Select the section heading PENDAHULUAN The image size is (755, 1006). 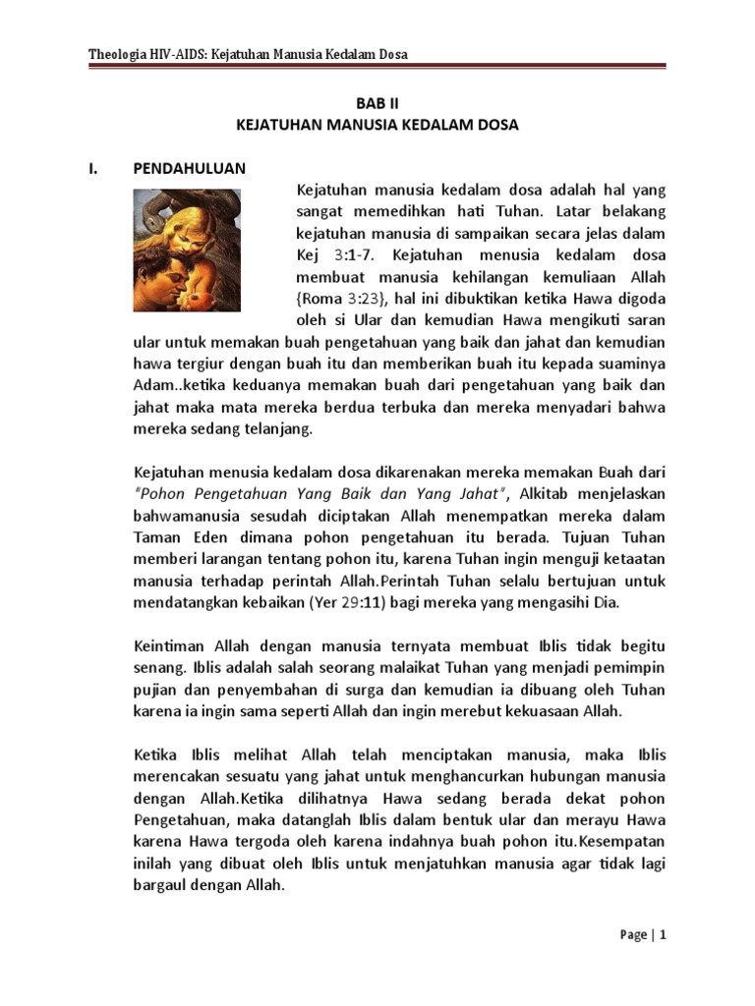190,168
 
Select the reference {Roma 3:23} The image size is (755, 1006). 338,299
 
